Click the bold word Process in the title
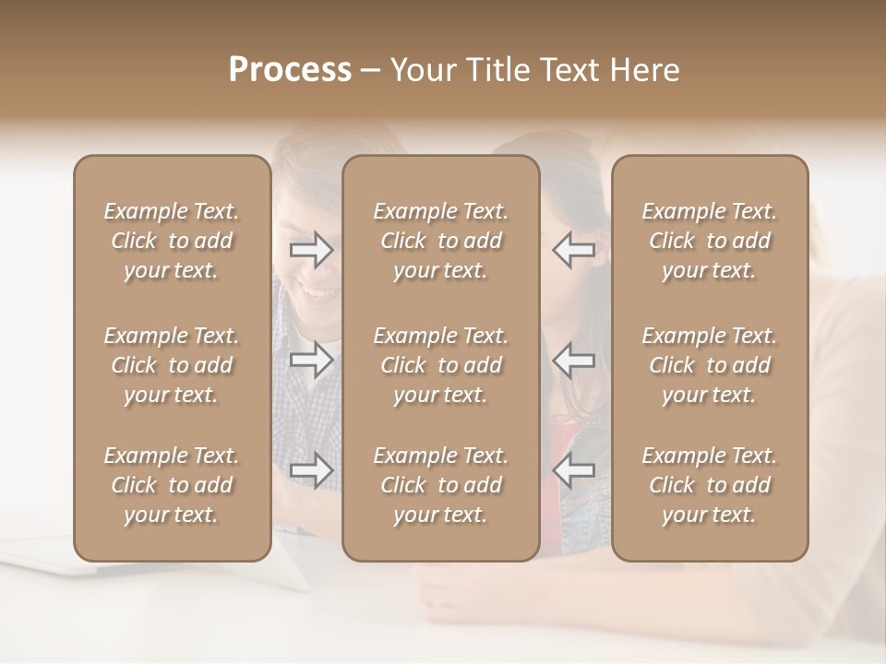pos(290,70)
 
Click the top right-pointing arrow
pos(312,250)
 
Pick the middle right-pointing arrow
pos(312,360)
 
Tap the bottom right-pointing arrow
pos(312,470)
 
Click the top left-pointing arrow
pos(573,250)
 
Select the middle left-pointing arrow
pos(573,360)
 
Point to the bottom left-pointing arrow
pos(573,470)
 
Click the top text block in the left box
pos(172,241)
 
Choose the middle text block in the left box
pos(172,365)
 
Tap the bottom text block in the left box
pos(172,485)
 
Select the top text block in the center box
pos(440,241)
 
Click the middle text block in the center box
pos(440,365)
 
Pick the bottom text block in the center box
pos(440,485)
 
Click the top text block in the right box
pos(709,241)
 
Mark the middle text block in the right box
pos(709,365)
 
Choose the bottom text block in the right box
pos(709,485)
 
